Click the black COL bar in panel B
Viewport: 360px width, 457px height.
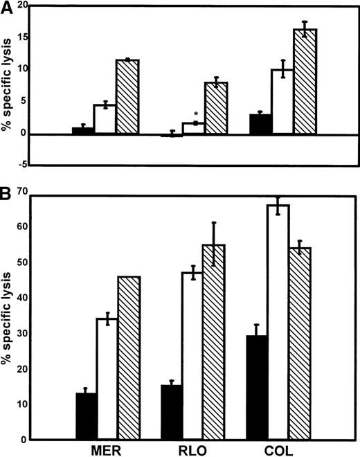258,388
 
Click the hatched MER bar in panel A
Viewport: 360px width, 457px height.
127,97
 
